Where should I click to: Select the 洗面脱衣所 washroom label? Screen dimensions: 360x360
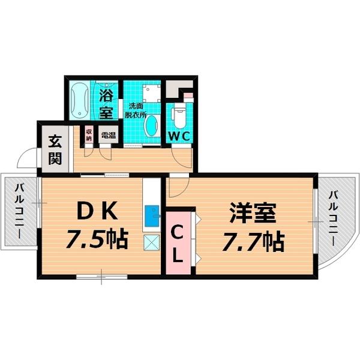[135, 110]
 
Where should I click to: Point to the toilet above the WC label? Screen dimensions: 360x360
[179, 114]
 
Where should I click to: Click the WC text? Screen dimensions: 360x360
[179, 136]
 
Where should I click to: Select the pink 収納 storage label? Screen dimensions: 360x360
[89, 134]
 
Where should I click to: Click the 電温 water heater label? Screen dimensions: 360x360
[109, 135]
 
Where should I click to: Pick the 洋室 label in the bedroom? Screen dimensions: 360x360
[252, 213]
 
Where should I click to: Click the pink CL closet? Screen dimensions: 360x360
[178, 241]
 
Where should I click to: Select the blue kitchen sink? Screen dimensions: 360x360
[152, 214]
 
